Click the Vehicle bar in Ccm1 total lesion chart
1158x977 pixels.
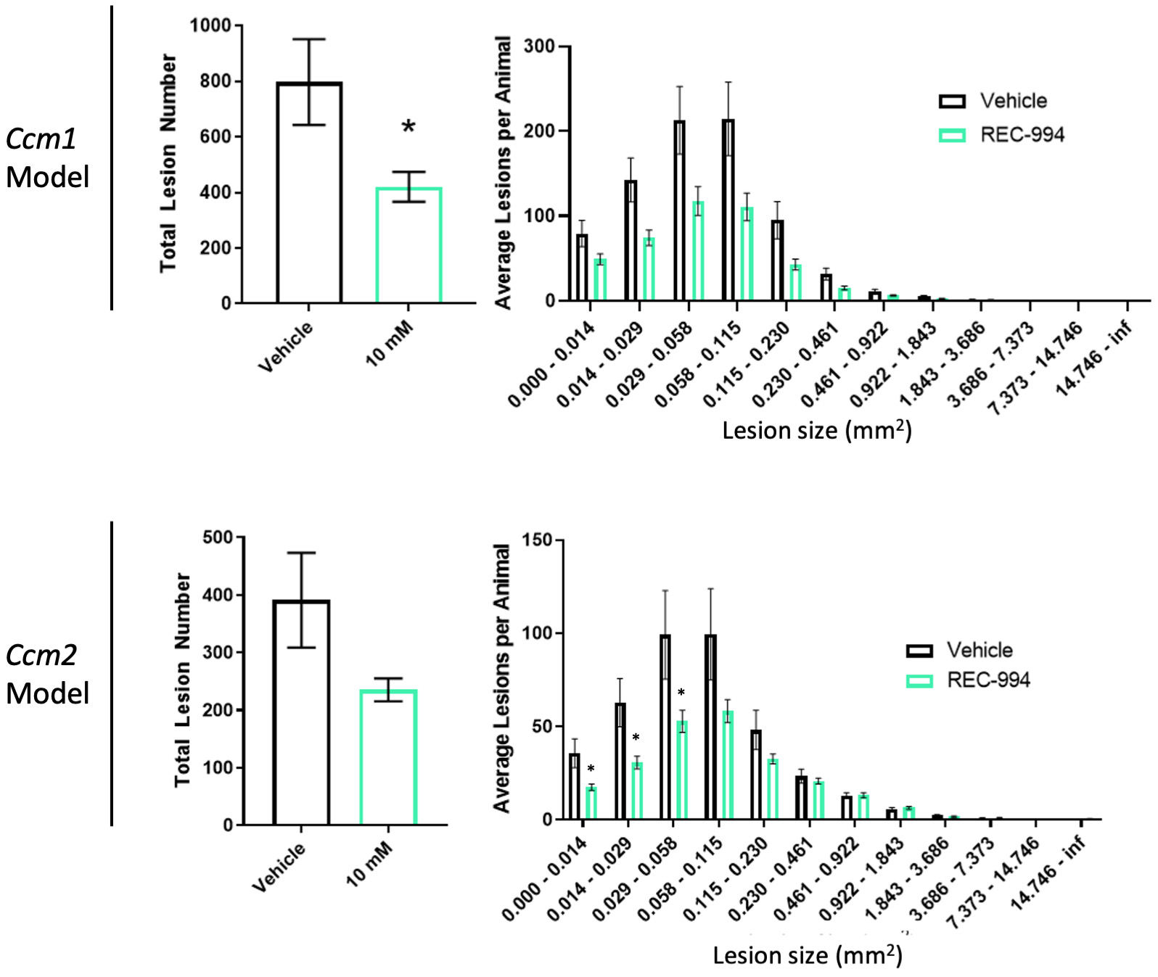tap(309, 193)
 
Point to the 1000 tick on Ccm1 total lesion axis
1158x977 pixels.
tap(210, 26)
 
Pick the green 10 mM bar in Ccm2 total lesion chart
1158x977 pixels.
tap(388, 757)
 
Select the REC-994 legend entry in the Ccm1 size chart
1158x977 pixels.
tap(1002, 135)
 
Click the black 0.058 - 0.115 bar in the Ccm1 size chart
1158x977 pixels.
tap(728, 210)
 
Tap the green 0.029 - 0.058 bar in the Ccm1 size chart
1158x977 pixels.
tap(698, 251)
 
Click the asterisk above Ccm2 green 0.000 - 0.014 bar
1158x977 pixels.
tap(591, 770)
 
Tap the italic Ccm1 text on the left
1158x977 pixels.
tap(41, 139)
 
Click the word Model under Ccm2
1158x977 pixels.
tap(48, 693)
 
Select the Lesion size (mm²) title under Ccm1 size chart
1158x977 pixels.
tap(816, 430)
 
